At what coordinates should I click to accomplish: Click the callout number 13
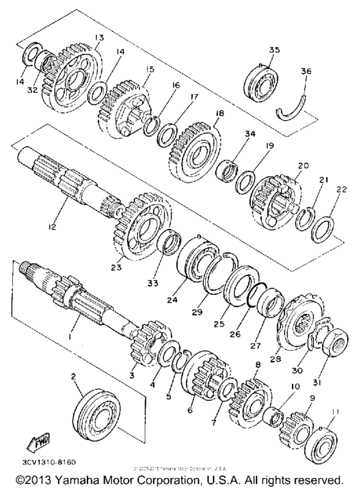(99, 38)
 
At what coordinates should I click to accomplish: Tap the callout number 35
(274, 50)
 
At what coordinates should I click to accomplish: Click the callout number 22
(340, 190)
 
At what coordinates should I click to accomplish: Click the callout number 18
(219, 113)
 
